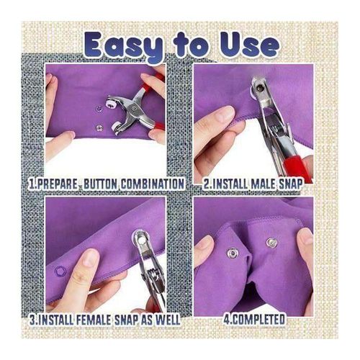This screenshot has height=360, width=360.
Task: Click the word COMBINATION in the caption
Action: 150,184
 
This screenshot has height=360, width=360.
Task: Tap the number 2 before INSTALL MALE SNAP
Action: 206,184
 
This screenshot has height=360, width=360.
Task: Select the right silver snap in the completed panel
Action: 271,242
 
